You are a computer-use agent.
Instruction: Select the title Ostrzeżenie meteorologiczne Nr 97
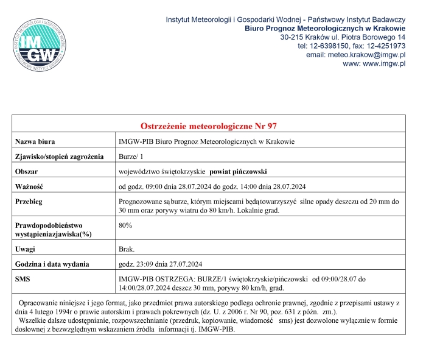click(x=209, y=126)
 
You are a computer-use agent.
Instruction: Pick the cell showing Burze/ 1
click(x=132, y=157)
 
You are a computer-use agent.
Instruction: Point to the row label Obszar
click(x=27, y=171)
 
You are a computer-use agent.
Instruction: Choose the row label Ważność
click(x=30, y=186)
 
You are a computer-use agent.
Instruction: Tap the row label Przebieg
click(x=31, y=201)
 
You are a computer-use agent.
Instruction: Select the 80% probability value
click(x=125, y=225)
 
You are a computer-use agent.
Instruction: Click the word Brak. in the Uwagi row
click(x=127, y=250)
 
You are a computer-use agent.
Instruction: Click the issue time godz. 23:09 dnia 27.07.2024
click(x=164, y=264)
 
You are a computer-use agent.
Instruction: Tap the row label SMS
click(x=23, y=279)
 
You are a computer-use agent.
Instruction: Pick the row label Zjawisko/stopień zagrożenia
click(x=60, y=157)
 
